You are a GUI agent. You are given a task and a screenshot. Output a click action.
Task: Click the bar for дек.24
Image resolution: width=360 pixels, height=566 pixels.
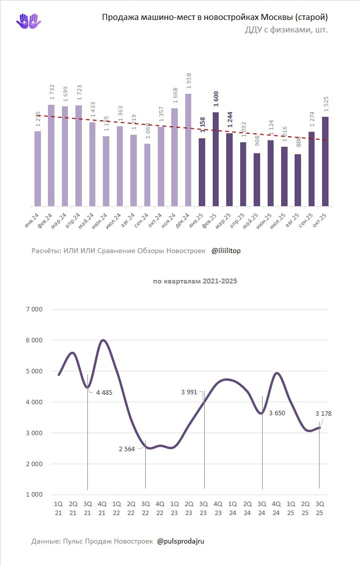188,150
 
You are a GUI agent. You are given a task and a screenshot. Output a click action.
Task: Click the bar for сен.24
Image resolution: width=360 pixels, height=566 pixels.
147,175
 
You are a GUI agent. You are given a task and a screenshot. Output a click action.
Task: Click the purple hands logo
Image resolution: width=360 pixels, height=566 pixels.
29,21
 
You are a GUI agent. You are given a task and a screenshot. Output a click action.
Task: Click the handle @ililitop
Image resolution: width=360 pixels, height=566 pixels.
226,251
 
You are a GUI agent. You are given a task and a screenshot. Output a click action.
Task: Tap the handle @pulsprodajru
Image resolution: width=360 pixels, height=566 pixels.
180,541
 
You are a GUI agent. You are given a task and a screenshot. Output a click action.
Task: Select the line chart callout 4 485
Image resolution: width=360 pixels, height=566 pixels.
103,392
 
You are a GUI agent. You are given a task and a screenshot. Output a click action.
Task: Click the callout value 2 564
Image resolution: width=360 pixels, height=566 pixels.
127,449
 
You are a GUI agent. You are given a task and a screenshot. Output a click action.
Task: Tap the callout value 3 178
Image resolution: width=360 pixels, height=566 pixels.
324,413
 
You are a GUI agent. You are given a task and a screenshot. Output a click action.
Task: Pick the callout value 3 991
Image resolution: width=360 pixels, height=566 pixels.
190,392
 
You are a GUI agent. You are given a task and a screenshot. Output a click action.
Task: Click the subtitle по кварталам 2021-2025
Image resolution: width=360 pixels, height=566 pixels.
195,281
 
